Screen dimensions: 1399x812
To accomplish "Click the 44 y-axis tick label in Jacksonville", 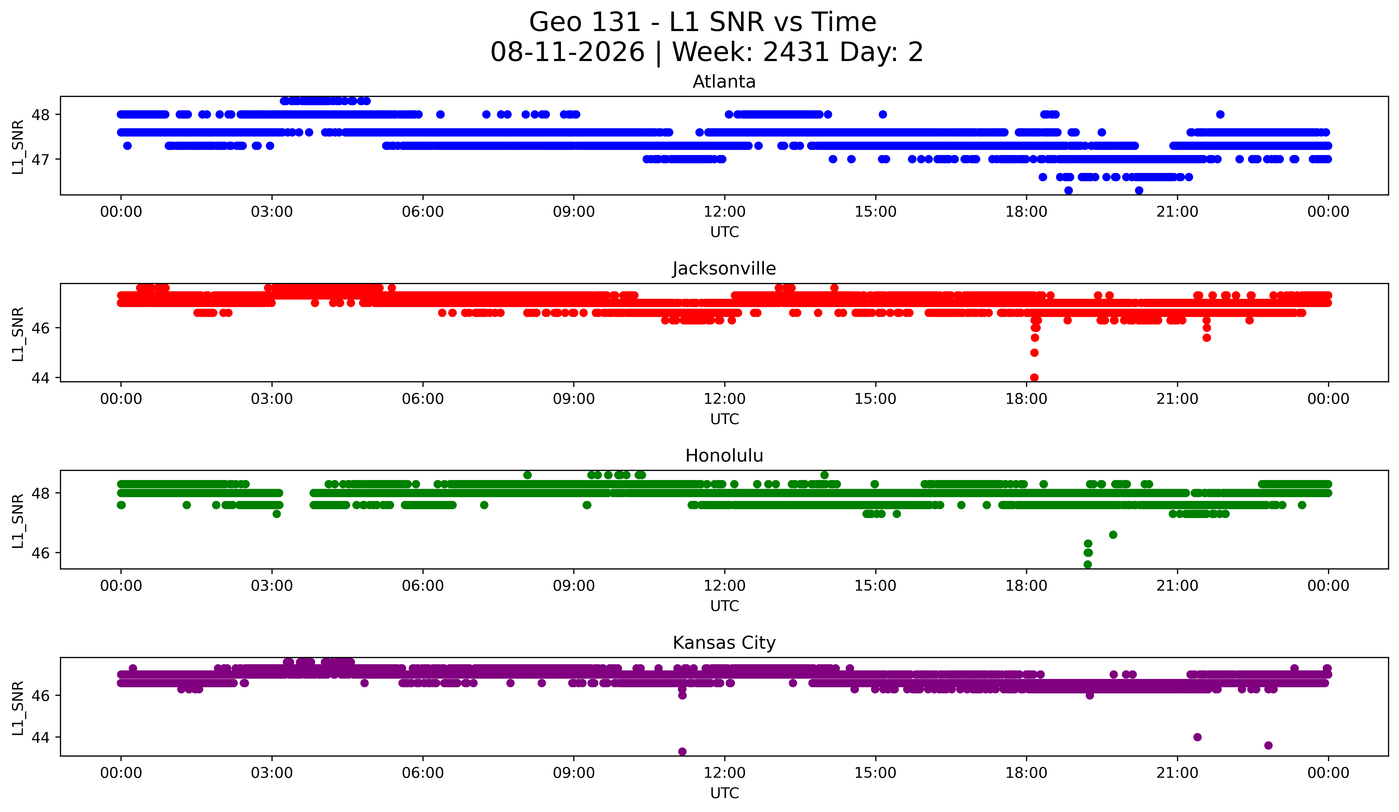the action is (40, 378).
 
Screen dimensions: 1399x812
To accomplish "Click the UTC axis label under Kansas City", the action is (725, 793).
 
